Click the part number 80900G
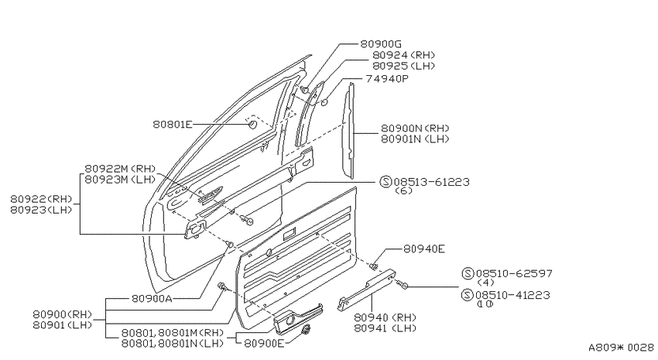pyautogui.click(x=381, y=43)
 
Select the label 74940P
pyautogui.click(x=387, y=78)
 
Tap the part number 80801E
pyautogui.click(x=172, y=124)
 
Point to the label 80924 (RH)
pyautogui.click(x=403, y=55)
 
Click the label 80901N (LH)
pyautogui.click(x=415, y=139)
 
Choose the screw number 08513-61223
pyautogui.click(x=431, y=182)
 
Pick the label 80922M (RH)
pyautogui.click(x=120, y=169)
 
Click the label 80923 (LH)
pyautogui.click(x=41, y=210)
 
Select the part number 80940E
pyautogui.click(x=424, y=249)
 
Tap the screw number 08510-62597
pyautogui.click(x=514, y=273)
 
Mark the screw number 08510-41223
pyautogui.click(x=512, y=296)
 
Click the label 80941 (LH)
pyautogui.click(x=386, y=328)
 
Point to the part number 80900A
pyautogui.click(x=152, y=298)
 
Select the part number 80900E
pyautogui.click(x=264, y=343)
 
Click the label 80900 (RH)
pyautogui.click(x=62, y=314)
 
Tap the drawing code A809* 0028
pyautogui.click(x=621, y=348)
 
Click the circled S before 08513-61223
pyautogui.click(x=386, y=182)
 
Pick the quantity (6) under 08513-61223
pyautogui.click(x=403, y=191)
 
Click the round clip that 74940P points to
pyautogui.click(x=324, y=102)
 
